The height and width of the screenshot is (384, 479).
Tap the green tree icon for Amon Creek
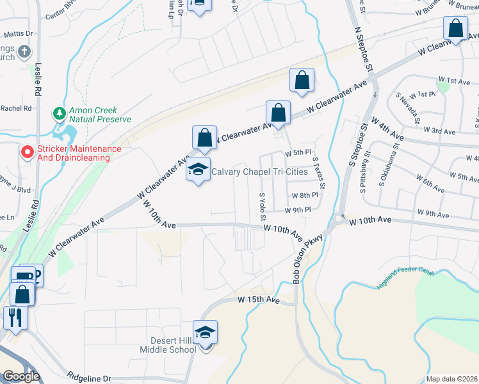[59, 114]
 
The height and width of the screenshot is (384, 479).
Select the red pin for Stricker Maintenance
[26, 152]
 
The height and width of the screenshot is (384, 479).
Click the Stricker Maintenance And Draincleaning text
[79, 153]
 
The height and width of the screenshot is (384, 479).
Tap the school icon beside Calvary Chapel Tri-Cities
[199, 170]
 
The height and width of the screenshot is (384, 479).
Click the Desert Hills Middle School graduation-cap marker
[206, 333]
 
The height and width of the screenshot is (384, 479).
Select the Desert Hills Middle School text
[168, 345]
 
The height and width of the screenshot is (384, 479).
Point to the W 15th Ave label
[259, 299]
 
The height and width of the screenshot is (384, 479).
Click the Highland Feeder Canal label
[406, 279]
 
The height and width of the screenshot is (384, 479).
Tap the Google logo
[21, 377]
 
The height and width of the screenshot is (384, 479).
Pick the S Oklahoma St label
[387, 168]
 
